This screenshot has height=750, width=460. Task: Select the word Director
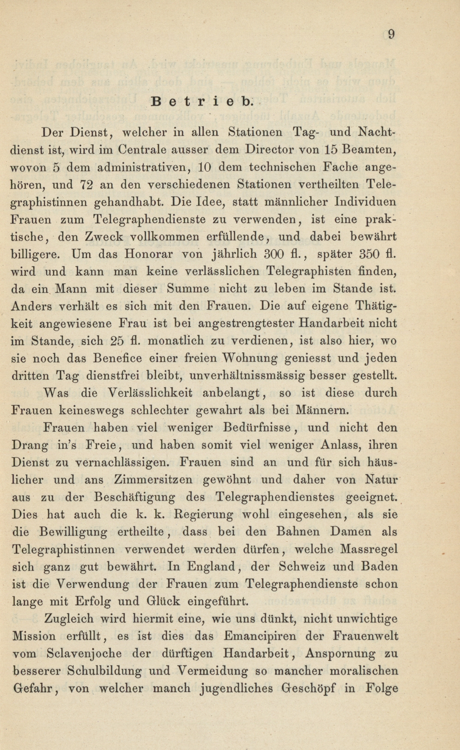267,150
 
